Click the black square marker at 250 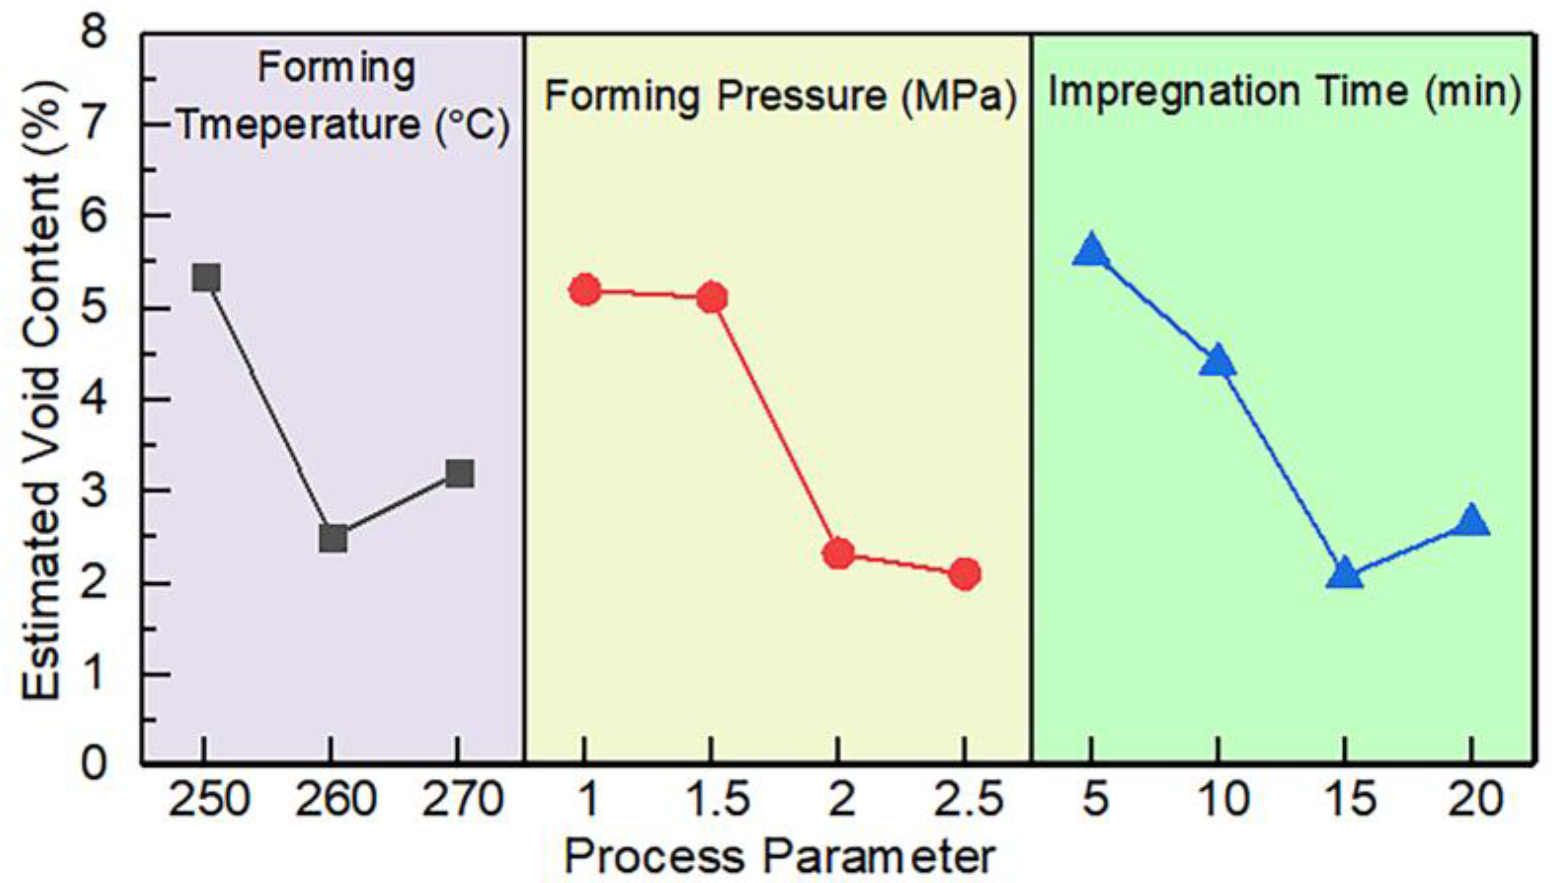pyautogui.click(x=206, y=278)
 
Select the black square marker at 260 pyautogui.click(x=333, y=539)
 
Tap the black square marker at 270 pyautogui.click(x=459, y=473)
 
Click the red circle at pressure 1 pyautogui.click(x=585, y=290)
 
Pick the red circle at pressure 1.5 pyautogui.click(x=711, y=298)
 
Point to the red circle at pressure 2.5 pyautogui.click(x=965, y=574)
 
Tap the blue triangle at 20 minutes pyautogui.click(x=1471, y=522)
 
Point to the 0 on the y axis pyautogui.click(x=93, y=764)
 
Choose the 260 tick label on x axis pyautogui.click(x=335, y=800)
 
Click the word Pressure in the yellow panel pyautogui.click(x=802, y=97)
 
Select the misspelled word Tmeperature pyautogui.click(x=299, y=125)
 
